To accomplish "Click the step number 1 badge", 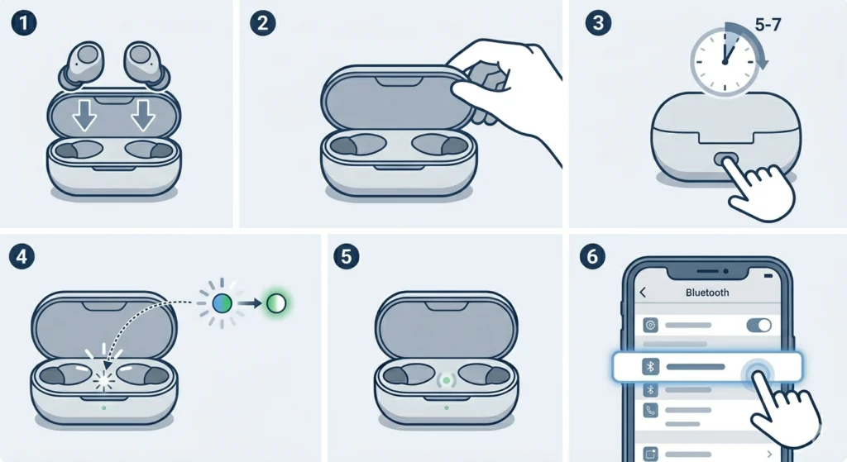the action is (23, 23).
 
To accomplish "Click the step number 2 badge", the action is (263, 23).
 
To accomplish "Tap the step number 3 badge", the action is (599, 23).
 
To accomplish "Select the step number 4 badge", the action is (22, 256).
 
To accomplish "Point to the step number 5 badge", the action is (347, 256).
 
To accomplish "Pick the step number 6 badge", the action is (592, 256).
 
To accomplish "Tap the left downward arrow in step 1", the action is (85, 115).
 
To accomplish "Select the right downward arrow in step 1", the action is (143, 115).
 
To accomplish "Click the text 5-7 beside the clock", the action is (768, 25).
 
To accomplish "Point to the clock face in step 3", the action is (725, 62).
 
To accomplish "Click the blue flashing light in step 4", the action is (222, 303).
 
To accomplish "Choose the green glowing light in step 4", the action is (276, 303).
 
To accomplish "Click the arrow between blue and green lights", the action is (250, 303).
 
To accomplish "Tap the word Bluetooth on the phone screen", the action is (707, 293).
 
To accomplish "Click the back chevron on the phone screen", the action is (643, 293).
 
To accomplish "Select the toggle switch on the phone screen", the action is (759, 325).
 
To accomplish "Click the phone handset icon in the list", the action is (650, 410).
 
